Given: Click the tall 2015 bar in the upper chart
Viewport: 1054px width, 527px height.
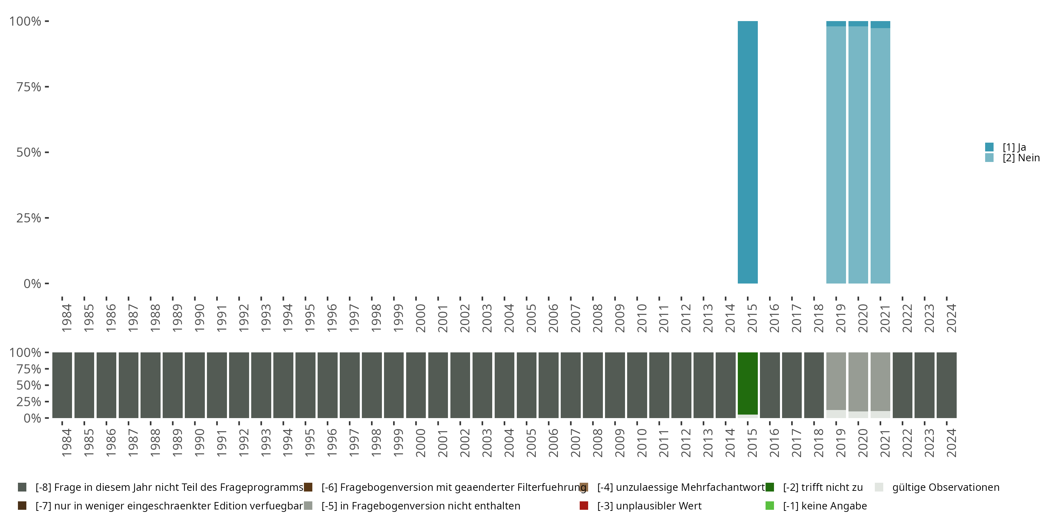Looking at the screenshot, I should click(x=748, y=152).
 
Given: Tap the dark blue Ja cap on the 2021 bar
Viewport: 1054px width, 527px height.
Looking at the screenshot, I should click(x=880, y=25).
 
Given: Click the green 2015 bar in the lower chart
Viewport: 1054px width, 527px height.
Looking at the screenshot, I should click(x=748, y=383).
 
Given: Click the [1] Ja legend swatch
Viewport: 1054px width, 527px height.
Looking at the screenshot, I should click(x=989, y=147).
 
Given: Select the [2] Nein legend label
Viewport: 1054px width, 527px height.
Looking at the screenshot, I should click(x=1021, y=158).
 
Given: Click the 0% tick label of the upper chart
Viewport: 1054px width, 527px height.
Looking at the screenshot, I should click(x=32, y=284).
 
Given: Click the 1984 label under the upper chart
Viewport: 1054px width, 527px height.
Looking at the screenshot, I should click(x=67, y=318).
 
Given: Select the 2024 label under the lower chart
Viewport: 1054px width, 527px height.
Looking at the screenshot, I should click(x=951, y=443).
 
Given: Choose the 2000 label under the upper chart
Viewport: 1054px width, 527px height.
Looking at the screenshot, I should click(x=421, y=318).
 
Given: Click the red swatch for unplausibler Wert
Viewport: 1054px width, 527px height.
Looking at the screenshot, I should click(x=584, y=506).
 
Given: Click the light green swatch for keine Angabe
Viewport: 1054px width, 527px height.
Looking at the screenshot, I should click(x=770, y=506).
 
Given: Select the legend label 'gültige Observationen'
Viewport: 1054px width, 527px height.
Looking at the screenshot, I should click(x=945, y=487).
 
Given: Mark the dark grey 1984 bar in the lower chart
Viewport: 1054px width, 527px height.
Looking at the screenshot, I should click(x=62, y=385).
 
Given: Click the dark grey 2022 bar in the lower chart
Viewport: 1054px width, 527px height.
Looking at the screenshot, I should click(x=902, y=385).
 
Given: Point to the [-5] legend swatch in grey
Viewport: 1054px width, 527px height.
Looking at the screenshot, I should click(x=308, y=506).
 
